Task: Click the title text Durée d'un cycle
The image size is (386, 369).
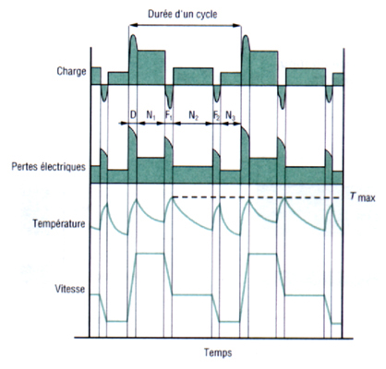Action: coord(182,14)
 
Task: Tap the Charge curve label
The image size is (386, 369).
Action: coord(71,71)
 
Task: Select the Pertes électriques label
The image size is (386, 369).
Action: coord(48,167)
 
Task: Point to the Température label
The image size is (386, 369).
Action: coord(59,223)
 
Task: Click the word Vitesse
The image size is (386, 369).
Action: coord(70,289)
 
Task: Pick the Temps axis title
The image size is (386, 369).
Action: coord(218,352)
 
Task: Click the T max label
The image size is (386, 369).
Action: coord(363,196)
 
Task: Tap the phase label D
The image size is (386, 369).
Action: coord(133,115)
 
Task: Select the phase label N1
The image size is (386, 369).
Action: coord(151,115)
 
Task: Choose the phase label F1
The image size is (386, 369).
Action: coord(169,115)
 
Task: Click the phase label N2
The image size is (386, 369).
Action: coord(193,115)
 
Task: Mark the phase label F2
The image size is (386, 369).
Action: coord(217,115)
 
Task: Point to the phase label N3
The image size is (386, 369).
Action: coord(231,115)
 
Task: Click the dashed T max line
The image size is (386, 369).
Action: coord(258,197)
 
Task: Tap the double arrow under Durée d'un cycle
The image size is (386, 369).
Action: coord(185,26)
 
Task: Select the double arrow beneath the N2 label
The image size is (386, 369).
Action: coord(193,124)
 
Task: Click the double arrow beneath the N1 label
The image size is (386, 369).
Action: coord(151,124)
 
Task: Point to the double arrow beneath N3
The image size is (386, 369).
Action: coord(231,124)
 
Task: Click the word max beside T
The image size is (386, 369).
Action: coord(367,197)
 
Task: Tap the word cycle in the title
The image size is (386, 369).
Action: coord(206,15)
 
